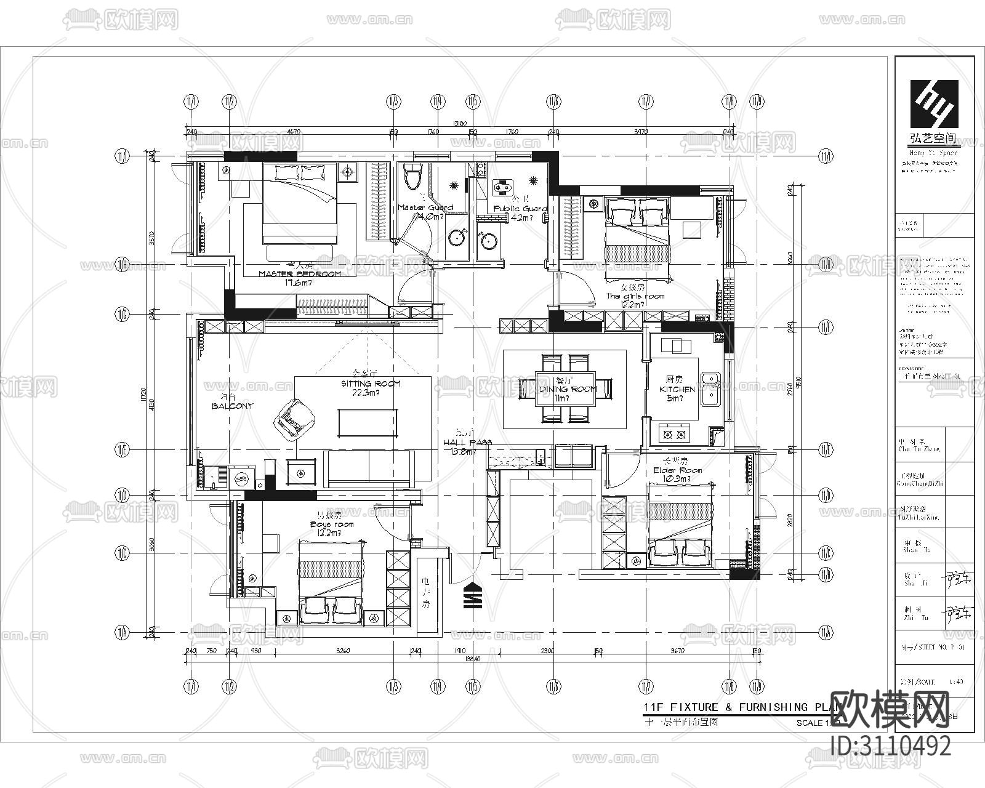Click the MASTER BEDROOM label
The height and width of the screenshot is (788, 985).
coord(300,274)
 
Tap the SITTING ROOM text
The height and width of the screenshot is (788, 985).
coord(371,384)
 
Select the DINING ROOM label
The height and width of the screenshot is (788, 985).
coord(568,390)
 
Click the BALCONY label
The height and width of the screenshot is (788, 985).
coord(232,406)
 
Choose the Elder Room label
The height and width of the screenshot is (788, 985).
coord(677,471)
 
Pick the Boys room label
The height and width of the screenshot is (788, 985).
coord(332,525)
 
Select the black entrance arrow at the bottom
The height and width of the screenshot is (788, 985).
coord(472,595)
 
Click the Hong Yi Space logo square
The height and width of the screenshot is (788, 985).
coord(935,103)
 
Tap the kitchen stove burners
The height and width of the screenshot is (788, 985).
coord(673,435)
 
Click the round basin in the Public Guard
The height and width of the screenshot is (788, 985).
coord(488,241)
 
